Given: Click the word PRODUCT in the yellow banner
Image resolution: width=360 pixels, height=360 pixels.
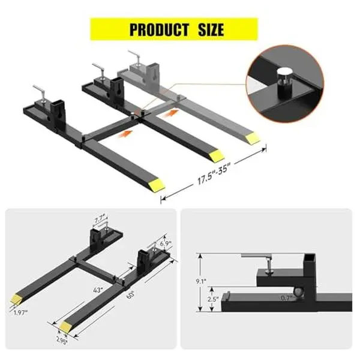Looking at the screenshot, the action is (x=159, y=29).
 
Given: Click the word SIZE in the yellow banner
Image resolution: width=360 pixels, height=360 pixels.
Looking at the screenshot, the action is (x=211, y=29).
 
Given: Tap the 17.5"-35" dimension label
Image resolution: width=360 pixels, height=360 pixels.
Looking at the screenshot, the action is (x=212, y=173).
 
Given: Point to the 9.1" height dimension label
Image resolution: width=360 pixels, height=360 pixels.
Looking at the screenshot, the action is (x=201, y=281).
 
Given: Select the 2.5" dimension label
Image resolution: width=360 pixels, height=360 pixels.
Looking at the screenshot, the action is (x=213, y=299).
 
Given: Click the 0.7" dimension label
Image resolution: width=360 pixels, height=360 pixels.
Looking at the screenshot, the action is (x=287, y=298).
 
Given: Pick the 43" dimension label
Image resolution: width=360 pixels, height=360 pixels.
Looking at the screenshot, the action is (x=98, y=290).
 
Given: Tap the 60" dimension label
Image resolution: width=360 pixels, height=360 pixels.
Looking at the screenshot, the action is (x=130, y=295).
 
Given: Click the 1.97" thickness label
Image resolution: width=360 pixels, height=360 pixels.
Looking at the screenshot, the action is (x=20, y=312).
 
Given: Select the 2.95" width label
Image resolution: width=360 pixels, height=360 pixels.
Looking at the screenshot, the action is (x=62, y=341).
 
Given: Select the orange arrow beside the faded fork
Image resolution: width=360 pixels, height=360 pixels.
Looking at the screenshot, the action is (x=170, y=113).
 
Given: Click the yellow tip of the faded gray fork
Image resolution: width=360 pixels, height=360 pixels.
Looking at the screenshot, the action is (x=253, y=138).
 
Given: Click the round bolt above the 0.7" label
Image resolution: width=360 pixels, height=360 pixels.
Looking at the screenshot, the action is (x=298, y=292).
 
